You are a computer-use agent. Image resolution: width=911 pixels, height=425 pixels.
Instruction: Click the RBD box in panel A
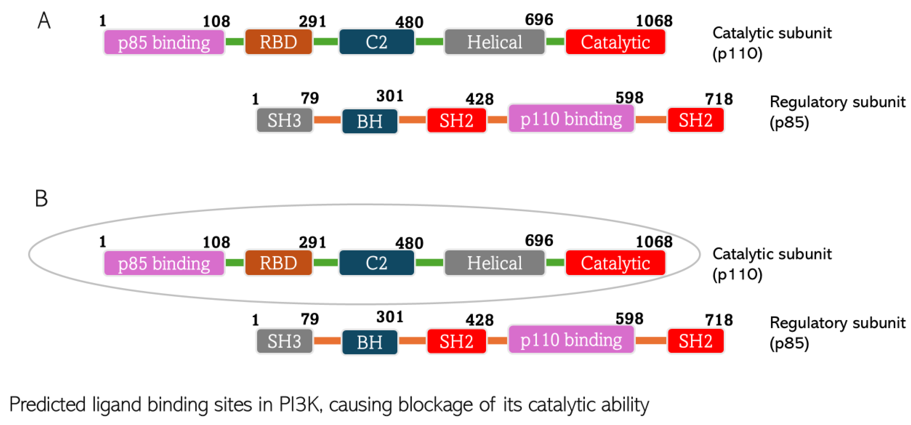[x=278, y=42]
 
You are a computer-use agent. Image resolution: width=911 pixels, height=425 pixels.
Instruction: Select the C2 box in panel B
[x=376, y=263]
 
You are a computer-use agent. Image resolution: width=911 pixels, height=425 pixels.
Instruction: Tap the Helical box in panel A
[x=494, y=42]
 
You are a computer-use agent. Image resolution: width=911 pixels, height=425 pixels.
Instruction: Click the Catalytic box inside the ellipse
[x=615, y=263]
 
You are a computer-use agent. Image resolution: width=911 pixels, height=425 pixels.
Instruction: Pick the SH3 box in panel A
[x=284, y=120]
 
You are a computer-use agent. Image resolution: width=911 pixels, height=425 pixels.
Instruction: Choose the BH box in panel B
[x=369, y=342]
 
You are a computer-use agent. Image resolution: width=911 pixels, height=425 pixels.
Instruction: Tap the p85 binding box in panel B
[x=164, y=263]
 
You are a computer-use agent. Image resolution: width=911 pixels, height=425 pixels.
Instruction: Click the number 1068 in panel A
[x=654, y=21]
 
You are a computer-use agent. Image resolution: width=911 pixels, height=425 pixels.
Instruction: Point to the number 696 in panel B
[x=539, y=241]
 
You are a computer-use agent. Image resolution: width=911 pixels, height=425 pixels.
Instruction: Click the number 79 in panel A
[x=310, y=98]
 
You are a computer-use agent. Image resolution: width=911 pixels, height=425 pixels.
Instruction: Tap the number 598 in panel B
[x=629, y=319]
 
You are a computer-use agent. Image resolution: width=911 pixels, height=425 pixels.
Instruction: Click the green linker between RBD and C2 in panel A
[x=325, y=42]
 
